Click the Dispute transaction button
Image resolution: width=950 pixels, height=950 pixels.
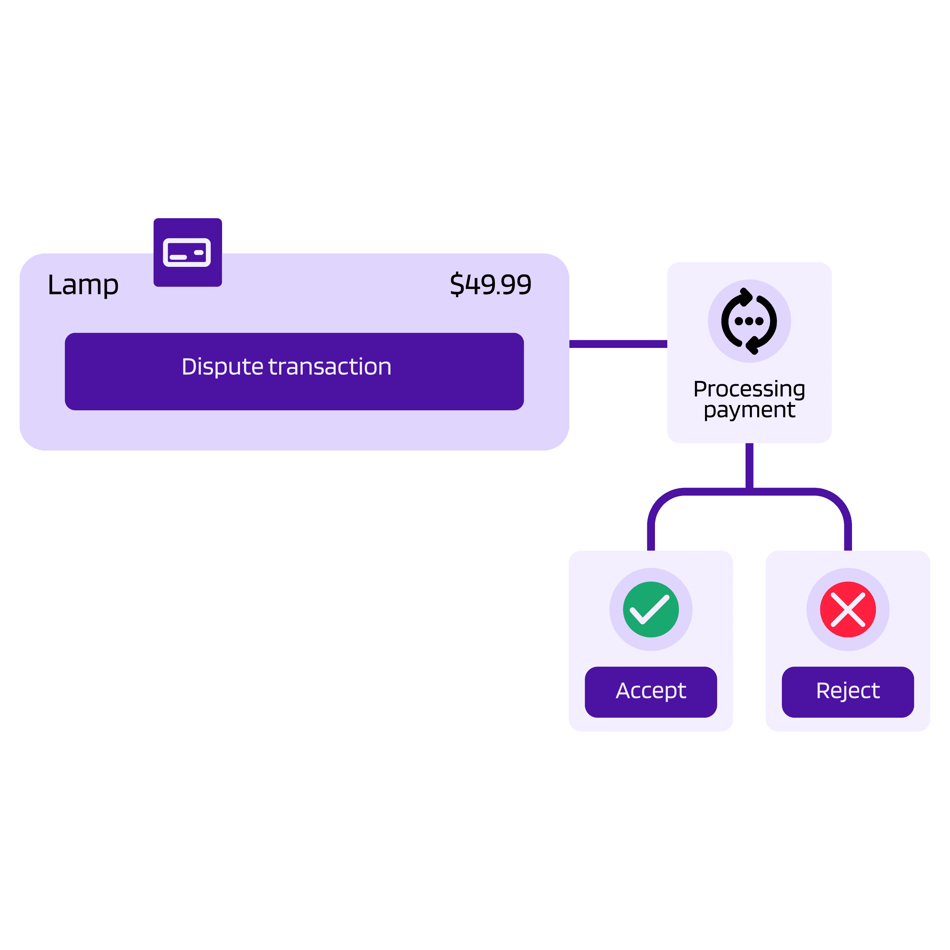coord(294,371)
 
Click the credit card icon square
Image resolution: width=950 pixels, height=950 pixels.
coord(187,252)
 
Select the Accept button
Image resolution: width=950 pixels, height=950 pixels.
coord(650,691)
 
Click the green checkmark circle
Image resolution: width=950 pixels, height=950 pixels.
coord(650,609)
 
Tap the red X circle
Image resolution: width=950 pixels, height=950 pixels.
coord(848,609)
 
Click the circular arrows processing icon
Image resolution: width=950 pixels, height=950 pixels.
coord(749,321)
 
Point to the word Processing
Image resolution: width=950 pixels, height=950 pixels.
coord(749,388)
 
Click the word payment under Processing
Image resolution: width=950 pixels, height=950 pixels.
coord(749,410)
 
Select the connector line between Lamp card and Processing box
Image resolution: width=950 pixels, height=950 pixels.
coord(618,344)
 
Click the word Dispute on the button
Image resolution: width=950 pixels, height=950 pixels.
coord(222,367)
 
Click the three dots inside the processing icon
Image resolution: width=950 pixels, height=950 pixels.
coord(749,321)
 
